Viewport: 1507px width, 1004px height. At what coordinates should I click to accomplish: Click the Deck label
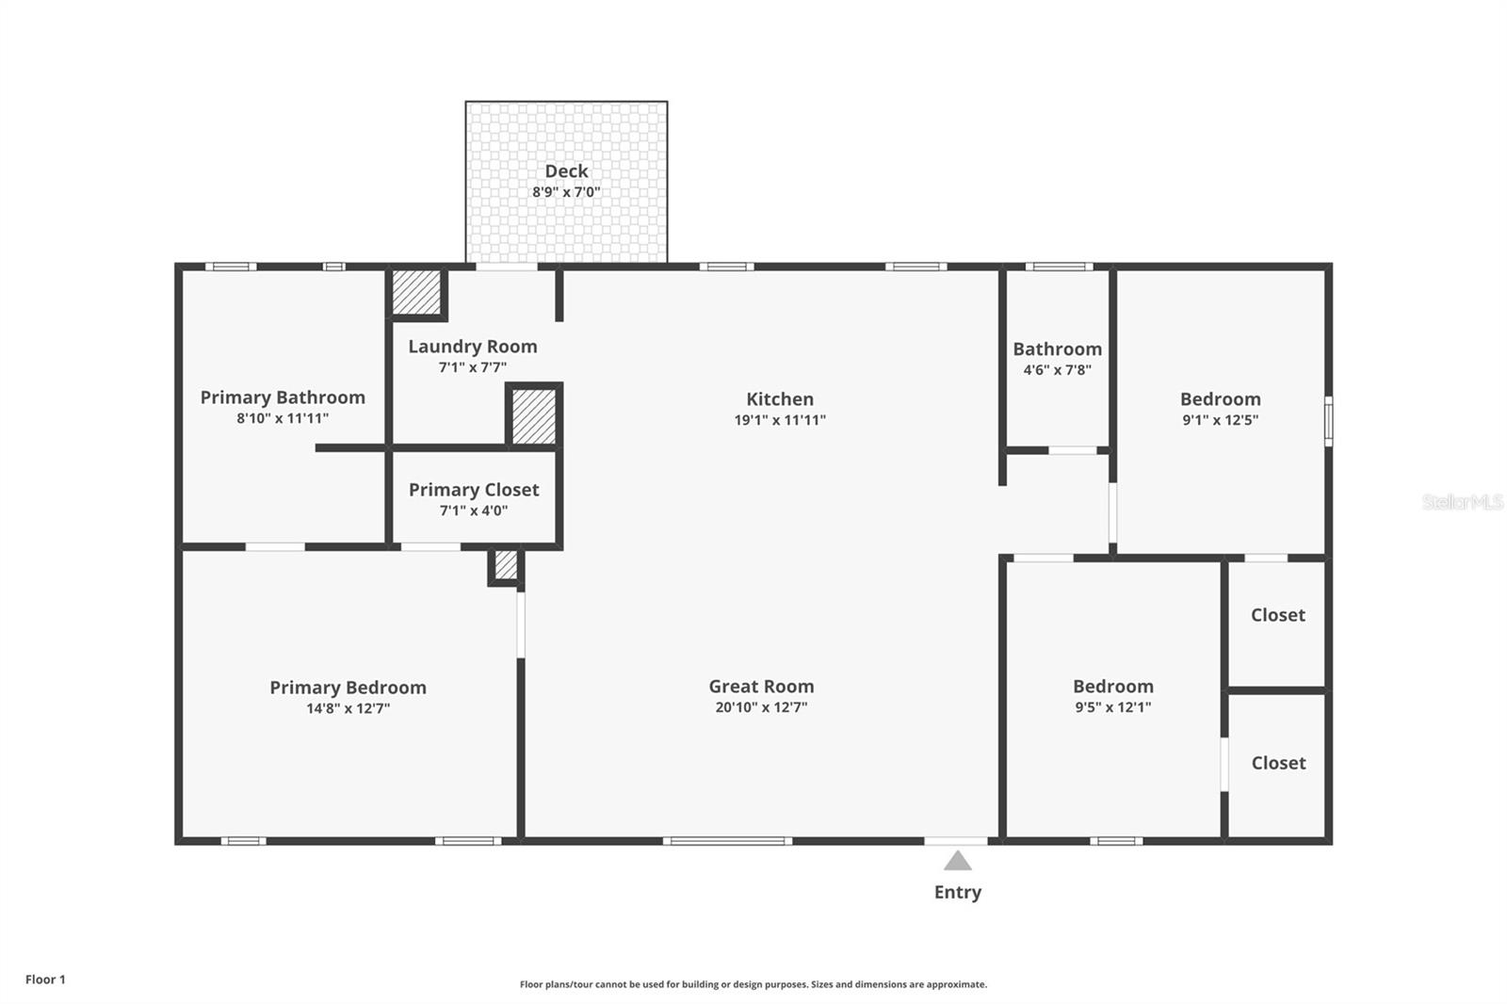[566, 170]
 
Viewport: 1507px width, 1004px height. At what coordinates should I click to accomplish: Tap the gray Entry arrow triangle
[957, 861]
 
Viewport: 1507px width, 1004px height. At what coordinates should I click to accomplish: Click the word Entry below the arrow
[957, 892]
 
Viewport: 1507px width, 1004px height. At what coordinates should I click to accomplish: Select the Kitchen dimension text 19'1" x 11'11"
[780, 420]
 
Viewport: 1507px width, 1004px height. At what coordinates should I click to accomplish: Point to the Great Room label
[761, 686]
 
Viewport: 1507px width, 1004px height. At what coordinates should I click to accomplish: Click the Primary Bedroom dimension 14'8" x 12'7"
[348, 708]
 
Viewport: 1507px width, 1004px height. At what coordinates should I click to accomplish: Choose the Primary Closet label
[474, 490]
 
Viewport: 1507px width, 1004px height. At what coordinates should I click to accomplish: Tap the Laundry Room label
[473, 347]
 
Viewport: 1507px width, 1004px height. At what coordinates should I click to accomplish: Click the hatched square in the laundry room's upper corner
[416, 293]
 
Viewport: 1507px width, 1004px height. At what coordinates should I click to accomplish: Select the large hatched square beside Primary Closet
[534, 415]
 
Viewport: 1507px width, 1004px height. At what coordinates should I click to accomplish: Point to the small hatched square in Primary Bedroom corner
[506, 565]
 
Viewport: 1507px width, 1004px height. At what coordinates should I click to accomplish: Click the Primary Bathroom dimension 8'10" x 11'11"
[283, 418]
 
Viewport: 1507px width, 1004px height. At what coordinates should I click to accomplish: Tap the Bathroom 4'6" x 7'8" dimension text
[1057, 370]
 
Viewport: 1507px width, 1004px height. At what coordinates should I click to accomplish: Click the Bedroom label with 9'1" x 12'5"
[1220, 399]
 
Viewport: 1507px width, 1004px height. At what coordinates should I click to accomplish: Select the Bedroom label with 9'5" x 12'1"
[1112, 686]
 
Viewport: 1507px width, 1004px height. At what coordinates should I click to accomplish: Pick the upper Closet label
[1277, 615]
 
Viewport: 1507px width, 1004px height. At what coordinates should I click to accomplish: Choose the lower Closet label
[1277, 763]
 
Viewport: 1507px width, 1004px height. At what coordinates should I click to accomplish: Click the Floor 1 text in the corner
[45, 980]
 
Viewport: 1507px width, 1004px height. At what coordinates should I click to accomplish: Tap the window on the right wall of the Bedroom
[1328, 421]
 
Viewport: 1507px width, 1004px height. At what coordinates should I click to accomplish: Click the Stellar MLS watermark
[1462, 502]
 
